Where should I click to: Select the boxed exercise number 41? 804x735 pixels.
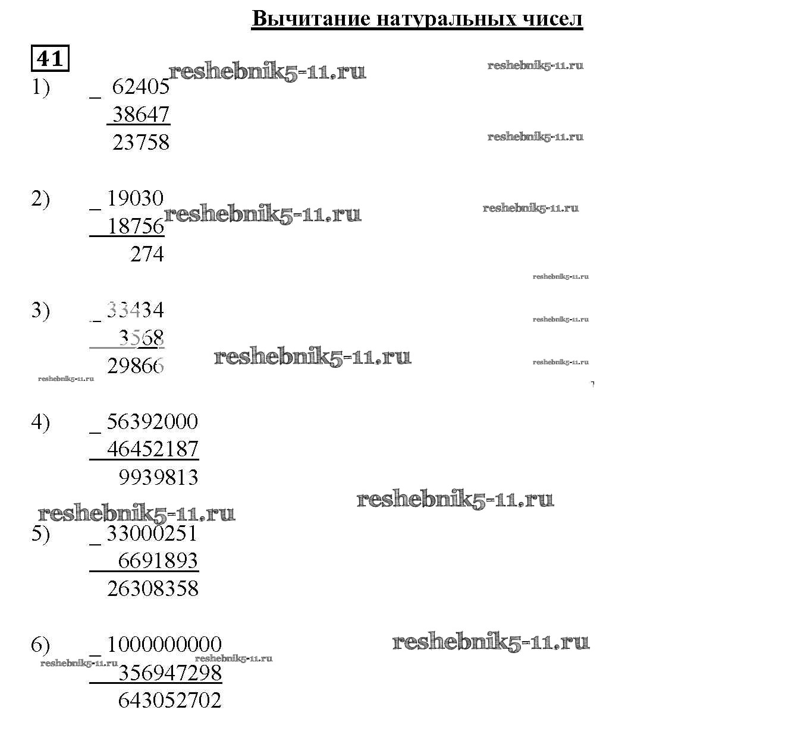(x=50, y=58)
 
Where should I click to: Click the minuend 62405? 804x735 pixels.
(x=141, y=87)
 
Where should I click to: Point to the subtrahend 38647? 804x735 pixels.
(x=141, y=114)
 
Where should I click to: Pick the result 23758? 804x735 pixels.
(x=141, y=143)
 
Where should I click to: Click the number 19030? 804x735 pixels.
(x=135, y=198)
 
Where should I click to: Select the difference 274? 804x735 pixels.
(x=147, y=254)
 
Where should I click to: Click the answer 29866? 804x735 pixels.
(x=136, y=366)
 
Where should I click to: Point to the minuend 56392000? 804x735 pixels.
(x=152, y=422)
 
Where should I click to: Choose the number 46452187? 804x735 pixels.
(x=152, y=449)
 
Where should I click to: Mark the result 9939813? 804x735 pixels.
(x=158, y=477)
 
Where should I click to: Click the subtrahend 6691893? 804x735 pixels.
(x=158, y=561)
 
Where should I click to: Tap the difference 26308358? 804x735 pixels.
(x=152, y=589)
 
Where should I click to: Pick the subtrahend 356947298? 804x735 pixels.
(x=170, y=673)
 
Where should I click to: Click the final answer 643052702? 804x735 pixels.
(x=170, y=701)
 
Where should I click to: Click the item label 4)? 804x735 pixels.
(x=40, y=422)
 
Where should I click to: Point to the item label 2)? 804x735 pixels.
(x=40, y=199)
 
